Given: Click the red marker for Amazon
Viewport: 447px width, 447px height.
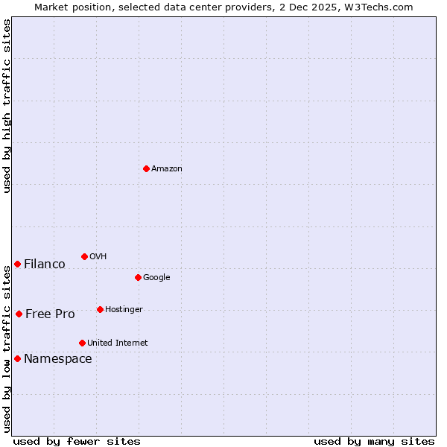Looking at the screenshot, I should (x=146, y=168).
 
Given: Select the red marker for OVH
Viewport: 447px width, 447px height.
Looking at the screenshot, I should (x=84, y=256).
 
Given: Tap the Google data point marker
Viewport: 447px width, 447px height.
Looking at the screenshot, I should (x=138, y=277).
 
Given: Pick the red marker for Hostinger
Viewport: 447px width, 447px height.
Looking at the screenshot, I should (x=100, y=309).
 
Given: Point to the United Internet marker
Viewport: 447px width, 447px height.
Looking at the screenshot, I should (x=82, y=343).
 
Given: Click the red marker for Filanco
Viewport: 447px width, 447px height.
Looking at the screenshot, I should (x=17, y=264).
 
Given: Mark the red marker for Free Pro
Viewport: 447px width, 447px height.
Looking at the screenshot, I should (x=19, y=314).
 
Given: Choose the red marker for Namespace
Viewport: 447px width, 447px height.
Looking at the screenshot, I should (x=17, y=358).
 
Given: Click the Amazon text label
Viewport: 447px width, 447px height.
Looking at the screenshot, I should (x=167, y=169).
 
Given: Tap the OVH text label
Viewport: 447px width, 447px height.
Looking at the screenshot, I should (x=98, y=257).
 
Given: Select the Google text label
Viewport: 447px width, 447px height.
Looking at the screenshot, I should (x=156, y=278).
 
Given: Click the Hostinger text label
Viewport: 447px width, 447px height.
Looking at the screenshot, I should (x=124, y=310).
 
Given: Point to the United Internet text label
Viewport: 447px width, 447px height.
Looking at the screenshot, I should (x=118, y=343).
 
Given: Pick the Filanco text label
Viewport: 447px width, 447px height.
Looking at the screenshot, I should (x=45, y=264).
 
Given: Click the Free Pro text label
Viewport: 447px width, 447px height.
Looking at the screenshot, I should (x=50, y=314).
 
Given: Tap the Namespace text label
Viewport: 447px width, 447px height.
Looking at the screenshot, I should (x=58, y=359).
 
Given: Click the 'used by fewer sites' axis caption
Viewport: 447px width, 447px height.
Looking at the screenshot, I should (x=77, y=441).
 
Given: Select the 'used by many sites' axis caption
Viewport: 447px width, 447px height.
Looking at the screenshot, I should (x=374, y=441).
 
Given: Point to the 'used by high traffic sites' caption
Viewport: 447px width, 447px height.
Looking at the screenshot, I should (x=7, y=106).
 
